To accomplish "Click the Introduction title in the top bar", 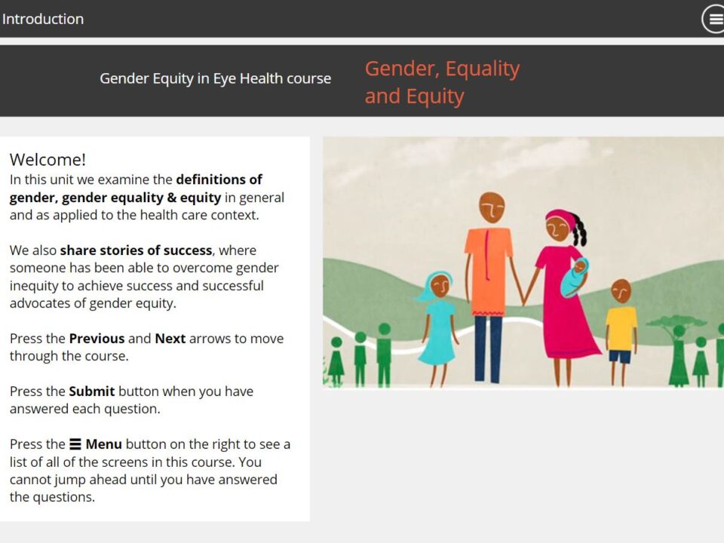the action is click(x=43, y=19).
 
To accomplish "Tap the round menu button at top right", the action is click(x=713, y=19).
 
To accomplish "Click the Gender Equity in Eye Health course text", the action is click(x=215, y=78).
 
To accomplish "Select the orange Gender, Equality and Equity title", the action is click(x=443, y=82).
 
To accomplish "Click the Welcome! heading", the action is click(x=48, y=159).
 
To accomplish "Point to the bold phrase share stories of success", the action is click(x=137, y=250).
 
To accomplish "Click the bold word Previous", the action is click(x=97, y=339).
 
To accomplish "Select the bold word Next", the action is click(x=170, y=339).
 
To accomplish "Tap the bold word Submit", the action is click(x=92, y=391).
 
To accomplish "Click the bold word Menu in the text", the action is click(x=104, y=444).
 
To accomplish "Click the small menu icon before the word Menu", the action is click(x=75, y=444).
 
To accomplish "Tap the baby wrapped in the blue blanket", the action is click(x=574, y=277).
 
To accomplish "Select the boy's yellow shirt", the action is click(x=621, y=329).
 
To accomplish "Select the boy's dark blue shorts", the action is click(x=620, y=357).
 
